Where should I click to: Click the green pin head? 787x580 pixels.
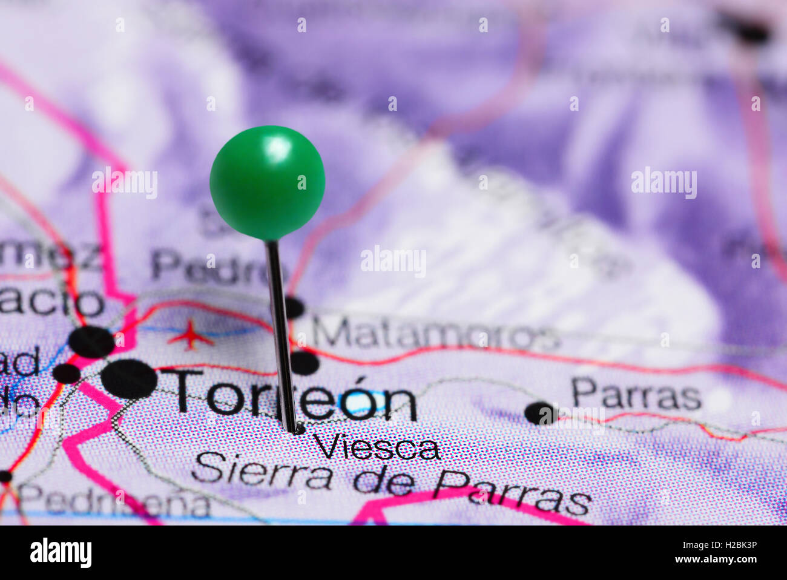(267, 182)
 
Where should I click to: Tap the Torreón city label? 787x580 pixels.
(295, 394)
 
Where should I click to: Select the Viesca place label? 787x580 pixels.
(376, 448)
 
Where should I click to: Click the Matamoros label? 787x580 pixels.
(435, 334)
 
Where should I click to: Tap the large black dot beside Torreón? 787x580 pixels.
(128, 379)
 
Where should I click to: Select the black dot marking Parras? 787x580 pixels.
(540, 413)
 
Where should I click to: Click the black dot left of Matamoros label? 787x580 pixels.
(294, 307)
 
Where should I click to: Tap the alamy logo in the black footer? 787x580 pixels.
(61, 552)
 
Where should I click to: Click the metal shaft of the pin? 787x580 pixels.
(280, 333)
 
